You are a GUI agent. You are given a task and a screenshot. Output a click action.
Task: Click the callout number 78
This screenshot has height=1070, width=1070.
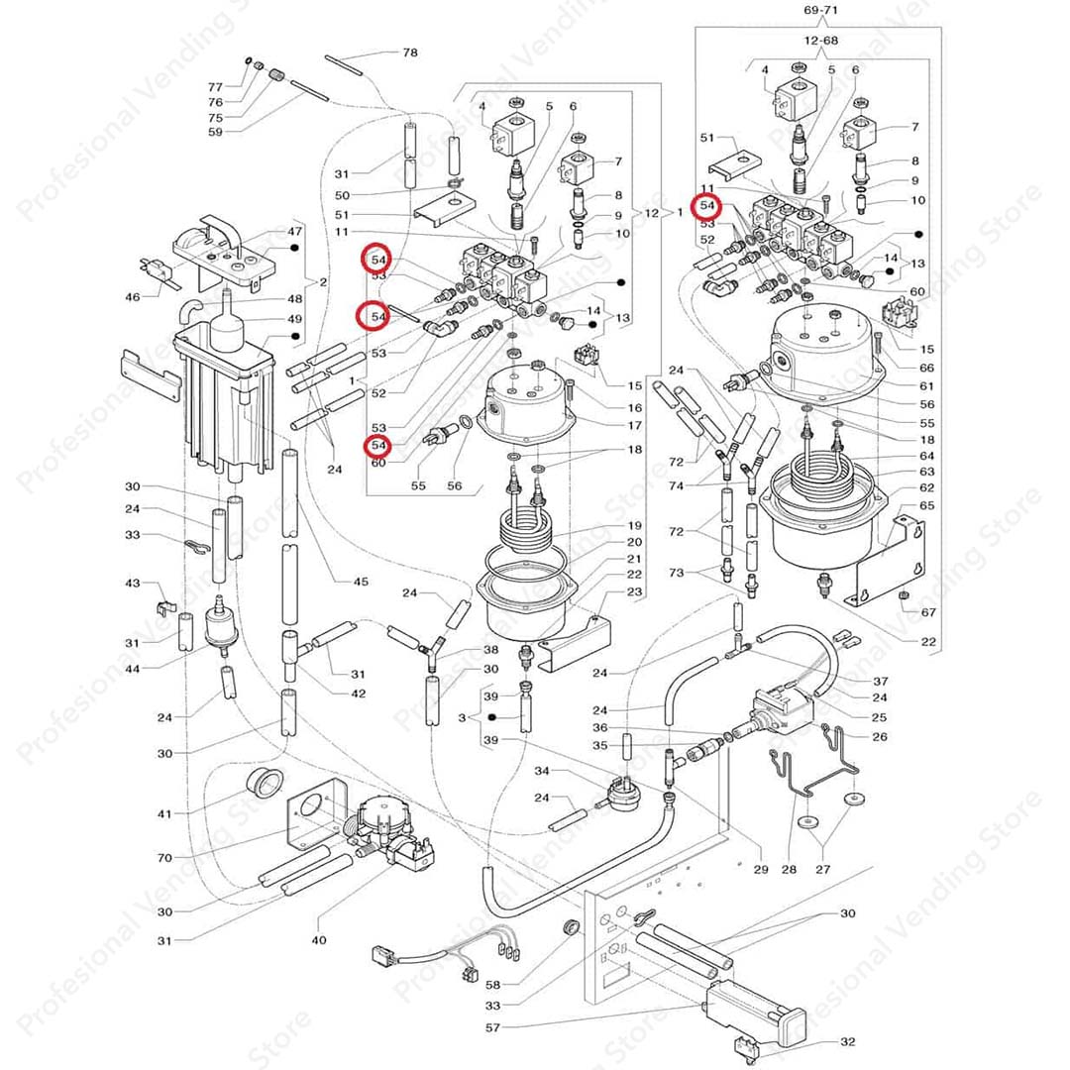click(409, 52)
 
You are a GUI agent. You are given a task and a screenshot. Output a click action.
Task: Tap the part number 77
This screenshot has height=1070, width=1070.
click(215, 87)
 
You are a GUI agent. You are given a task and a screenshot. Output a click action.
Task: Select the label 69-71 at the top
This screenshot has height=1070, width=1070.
click(817, 10)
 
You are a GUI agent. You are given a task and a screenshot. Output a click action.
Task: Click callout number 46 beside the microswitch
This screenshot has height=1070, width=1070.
click(133, 296)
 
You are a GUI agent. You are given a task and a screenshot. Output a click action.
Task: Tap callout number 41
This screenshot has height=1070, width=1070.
click(163, 813)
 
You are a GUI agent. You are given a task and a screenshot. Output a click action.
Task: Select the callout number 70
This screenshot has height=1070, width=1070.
click(163, 858)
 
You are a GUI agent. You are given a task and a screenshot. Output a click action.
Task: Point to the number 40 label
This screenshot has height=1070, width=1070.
click(318, 939)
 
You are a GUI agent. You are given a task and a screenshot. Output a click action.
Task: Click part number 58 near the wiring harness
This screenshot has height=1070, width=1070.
click(493, 985)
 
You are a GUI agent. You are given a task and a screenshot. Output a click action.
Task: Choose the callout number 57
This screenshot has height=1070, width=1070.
click(493, 1027)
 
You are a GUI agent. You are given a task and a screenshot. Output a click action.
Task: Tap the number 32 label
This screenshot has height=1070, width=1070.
click(847, 1041)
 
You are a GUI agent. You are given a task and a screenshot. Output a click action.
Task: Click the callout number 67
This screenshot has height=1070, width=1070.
click(927, 612)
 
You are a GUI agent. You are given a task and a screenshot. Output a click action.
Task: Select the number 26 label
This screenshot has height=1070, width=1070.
click(880, 736)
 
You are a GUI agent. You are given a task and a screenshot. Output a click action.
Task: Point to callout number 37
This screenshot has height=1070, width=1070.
click(880, 682)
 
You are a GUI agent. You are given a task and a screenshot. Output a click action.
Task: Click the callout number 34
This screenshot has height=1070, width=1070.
click(541, 770)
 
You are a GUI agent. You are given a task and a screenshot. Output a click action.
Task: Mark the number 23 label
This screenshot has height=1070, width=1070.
click(634, 592)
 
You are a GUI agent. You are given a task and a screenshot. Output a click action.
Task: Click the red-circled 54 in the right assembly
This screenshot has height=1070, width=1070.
click(707, 205)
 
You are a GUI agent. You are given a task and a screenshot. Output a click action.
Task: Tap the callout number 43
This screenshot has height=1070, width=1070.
click(133, 584)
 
